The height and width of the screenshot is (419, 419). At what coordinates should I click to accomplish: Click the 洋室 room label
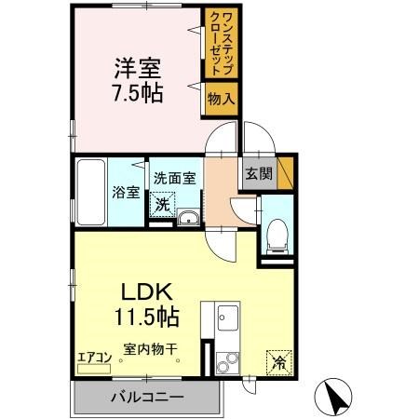click(x=137, y=68)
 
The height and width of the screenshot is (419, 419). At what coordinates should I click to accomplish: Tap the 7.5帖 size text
click(x=137, y=95)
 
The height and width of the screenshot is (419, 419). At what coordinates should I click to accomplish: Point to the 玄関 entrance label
click(x=258, y=172)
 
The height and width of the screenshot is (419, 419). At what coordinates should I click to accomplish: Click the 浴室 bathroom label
click(x=126, y=193)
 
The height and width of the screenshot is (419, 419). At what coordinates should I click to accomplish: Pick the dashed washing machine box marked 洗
click(x=162, y=202)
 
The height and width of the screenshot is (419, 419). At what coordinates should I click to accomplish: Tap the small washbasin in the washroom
click(x=188, y=219)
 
